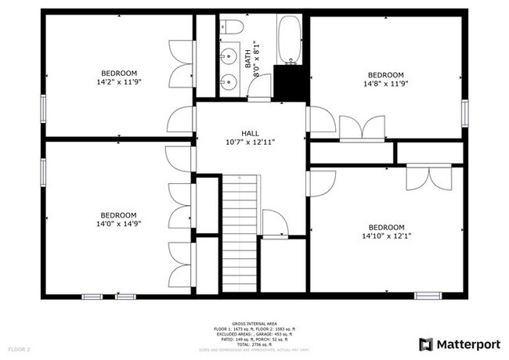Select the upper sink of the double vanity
tap(229, 56)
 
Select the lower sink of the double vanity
tap(229, 79)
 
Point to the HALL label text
tap(250, 133)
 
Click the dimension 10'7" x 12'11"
tap(250, 142)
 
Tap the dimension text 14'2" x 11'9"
tap(118, 81)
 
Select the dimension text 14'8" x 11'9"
tap(385, 84)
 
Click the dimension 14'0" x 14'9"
tap(118, 223)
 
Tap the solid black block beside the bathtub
tap(289, 82)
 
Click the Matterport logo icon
tap(426, 344)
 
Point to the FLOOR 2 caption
tap(19, 348)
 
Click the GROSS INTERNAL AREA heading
tap(255, 322)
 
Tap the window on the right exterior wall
tap(467, 113)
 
